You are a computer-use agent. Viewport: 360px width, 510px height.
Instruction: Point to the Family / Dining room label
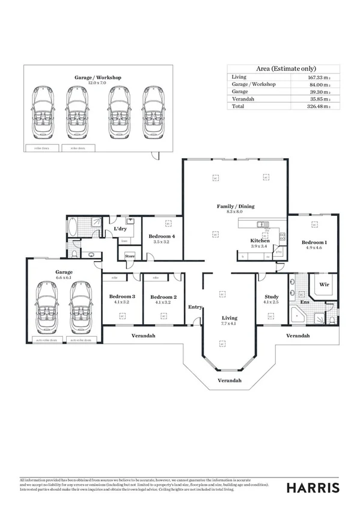(x=236, y=206)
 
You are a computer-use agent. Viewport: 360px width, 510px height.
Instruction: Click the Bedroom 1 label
(x=314, y=242)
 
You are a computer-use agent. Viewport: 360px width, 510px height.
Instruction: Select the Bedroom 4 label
(x=162, y=236)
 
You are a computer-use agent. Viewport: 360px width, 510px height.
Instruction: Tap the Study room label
(x=272, y=297)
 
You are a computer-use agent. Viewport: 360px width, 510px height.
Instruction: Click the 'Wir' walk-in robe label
(x=323, y=284)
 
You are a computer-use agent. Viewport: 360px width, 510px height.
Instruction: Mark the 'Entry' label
(x=195, y=307)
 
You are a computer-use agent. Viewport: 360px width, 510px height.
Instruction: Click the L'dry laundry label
(x=120, y=230)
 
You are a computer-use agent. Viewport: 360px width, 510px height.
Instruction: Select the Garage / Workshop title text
(x=98, y=78)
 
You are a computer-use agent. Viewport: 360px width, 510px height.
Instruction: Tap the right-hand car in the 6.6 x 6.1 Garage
(x=80, y=307)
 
